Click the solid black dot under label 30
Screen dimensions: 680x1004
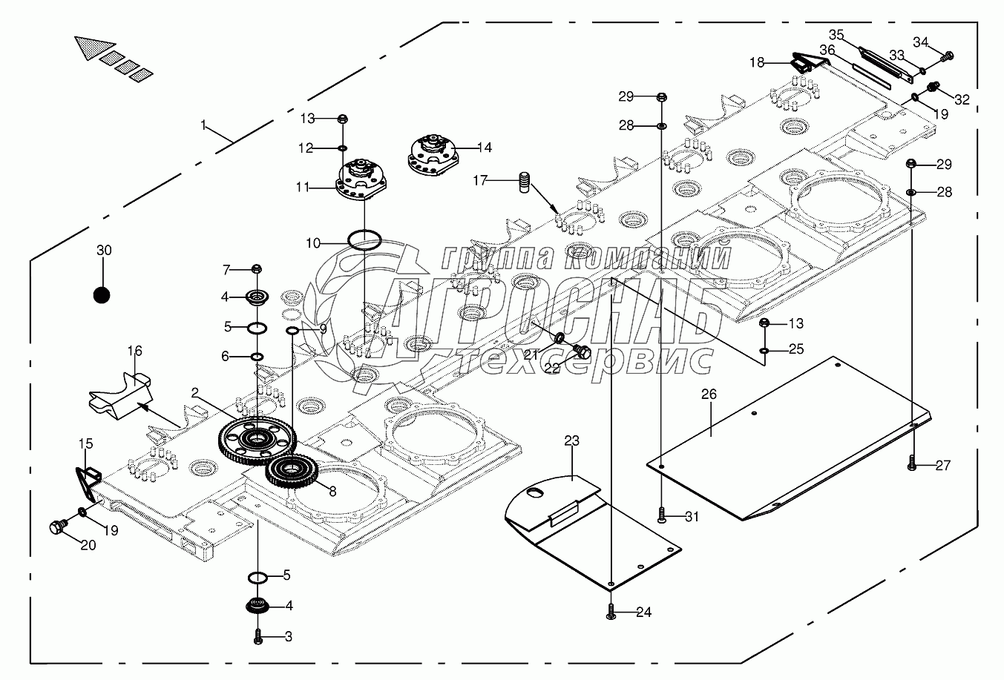[102, 295]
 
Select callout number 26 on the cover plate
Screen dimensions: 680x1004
[709, 395]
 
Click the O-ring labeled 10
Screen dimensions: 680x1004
[364, 240]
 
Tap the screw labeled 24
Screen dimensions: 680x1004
[610, 613]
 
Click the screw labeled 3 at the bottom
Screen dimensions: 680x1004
[258, 636]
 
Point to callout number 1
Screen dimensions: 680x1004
[203, 125]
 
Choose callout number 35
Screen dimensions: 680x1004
[836, 35]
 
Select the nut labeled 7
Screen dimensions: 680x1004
[257, 268]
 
